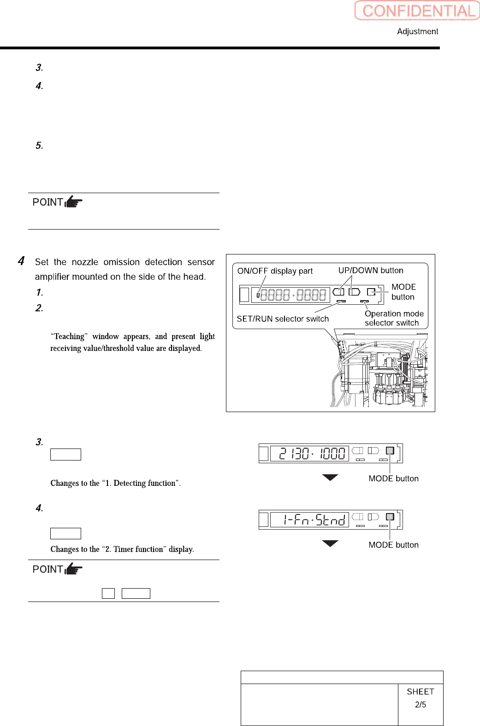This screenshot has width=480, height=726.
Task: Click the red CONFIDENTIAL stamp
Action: (x=417, y=11)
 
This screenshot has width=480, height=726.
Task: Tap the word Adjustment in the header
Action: (x=417, y=31)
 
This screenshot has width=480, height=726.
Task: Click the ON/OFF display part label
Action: (x=275, y=271)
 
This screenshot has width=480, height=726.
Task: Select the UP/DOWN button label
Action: (x=371, y=271)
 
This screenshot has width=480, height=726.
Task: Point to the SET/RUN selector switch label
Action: (x=283, y=319)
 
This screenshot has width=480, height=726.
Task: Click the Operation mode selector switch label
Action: (x=394, y=318)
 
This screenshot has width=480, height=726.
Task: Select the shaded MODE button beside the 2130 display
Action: (x=390, y=451)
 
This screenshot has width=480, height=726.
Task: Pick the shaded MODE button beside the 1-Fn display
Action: (x=390, y=517)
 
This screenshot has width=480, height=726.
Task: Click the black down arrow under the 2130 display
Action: (x=330, y=478)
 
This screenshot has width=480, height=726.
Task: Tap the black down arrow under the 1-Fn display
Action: (x=330, y=543)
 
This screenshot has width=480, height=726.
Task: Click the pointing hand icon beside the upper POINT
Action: (x=73, y=202)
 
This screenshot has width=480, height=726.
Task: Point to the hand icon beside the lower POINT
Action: (x=73, y=569)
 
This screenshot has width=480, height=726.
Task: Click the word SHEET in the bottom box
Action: (x=421, y=692)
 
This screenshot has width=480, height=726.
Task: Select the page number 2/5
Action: (x=421, y=705)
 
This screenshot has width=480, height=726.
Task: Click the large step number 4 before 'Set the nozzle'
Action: (x=21, y=261)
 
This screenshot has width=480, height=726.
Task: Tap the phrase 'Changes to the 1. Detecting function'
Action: (x=115, y=483)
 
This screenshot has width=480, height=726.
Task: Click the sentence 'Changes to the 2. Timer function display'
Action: (x=122, y=549)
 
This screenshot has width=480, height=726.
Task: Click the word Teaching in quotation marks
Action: (x=69, y=336)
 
